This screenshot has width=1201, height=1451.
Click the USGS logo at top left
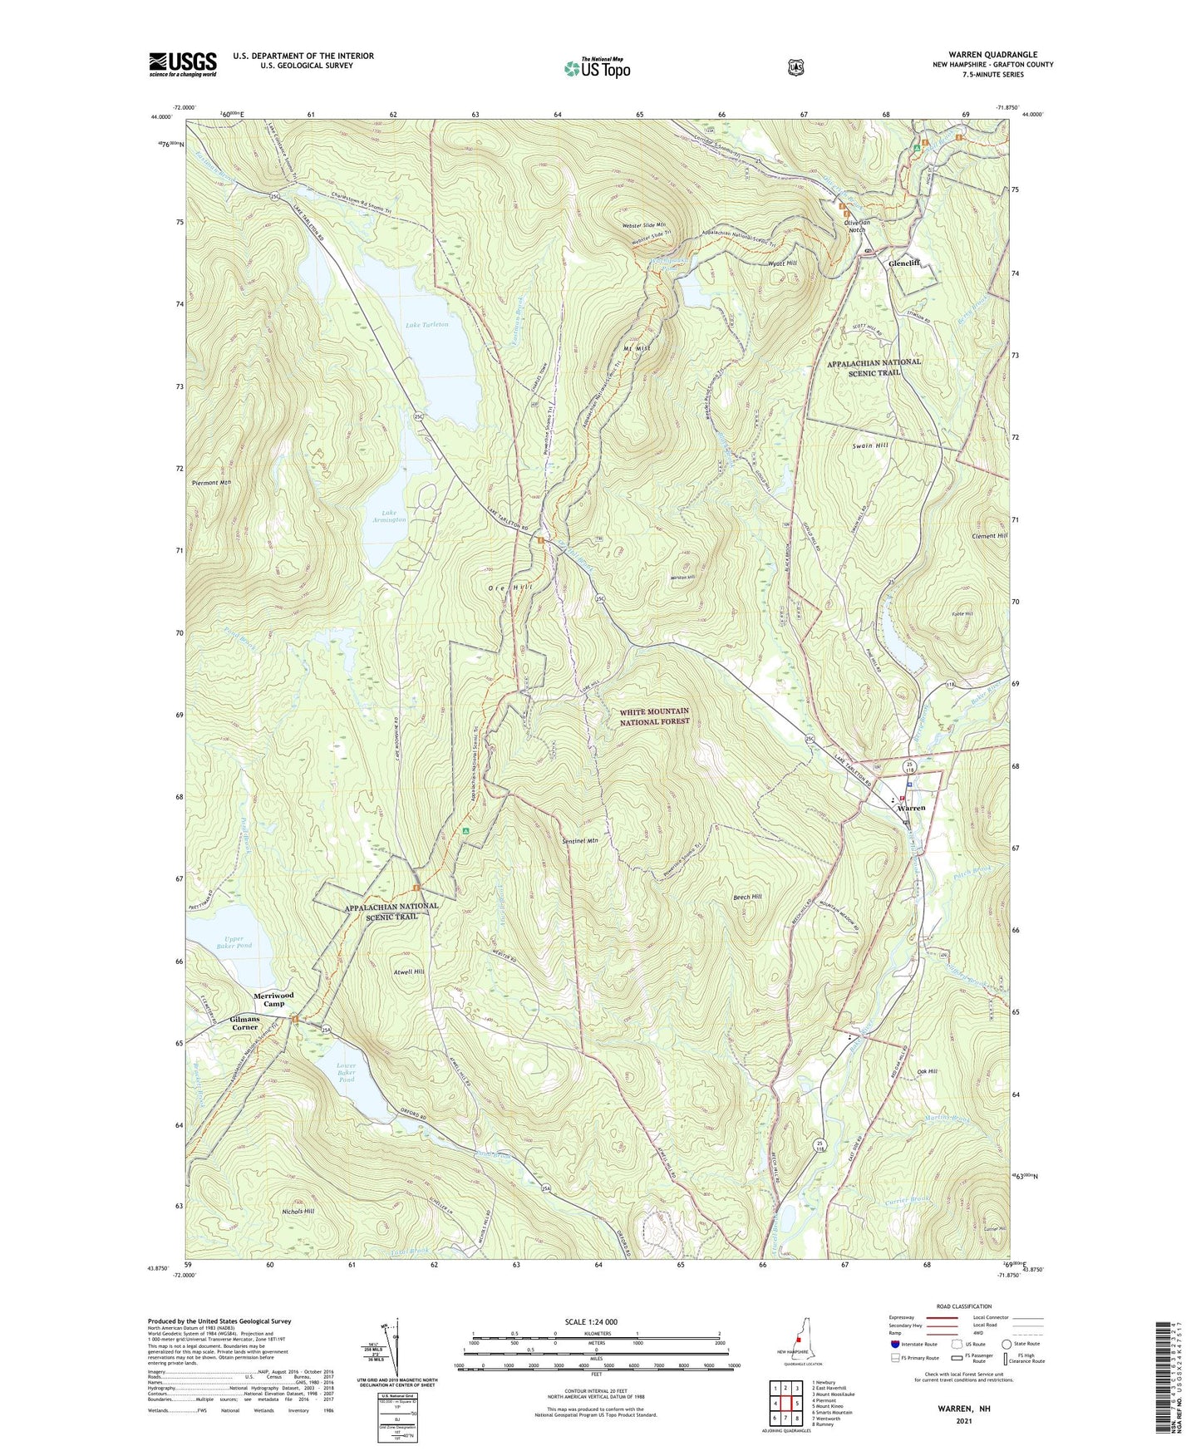coord(183,64)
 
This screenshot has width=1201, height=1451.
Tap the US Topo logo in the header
coord(597,68)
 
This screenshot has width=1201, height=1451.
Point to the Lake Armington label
coord(388,515)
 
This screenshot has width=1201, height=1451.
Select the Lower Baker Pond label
coord(347,1072)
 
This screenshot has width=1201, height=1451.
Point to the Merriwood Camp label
coord(273,999)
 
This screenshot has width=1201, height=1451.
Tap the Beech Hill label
coord(746,897)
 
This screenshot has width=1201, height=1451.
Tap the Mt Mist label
coord(636,347)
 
